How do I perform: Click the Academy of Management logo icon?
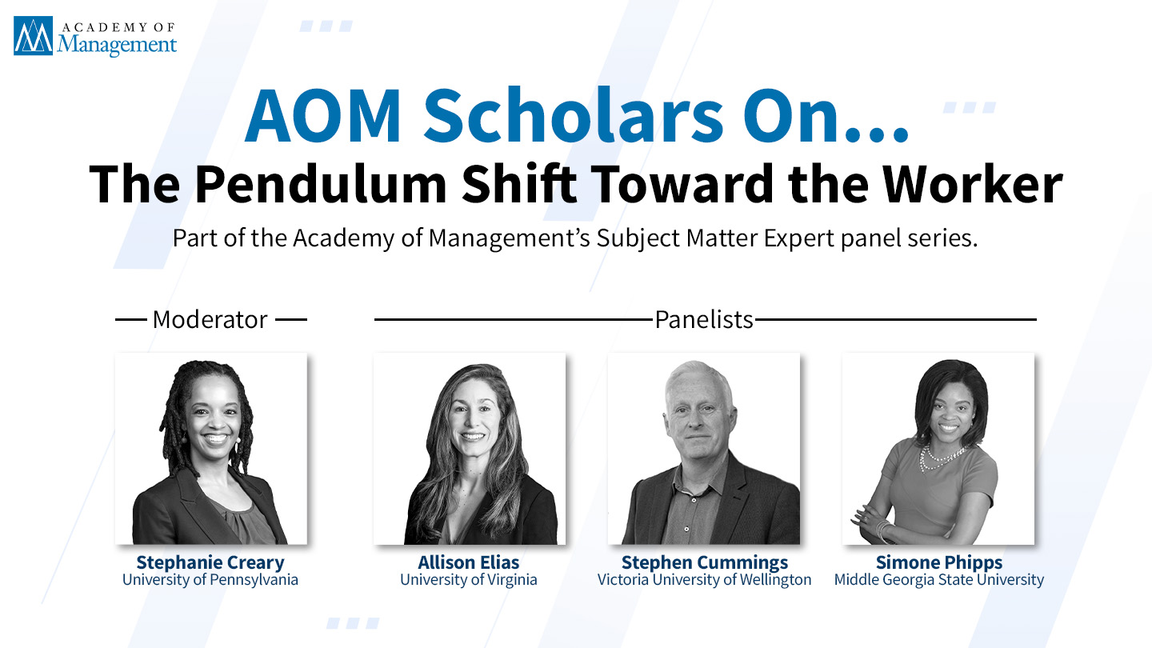(33, 35)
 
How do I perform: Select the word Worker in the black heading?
(973, 184)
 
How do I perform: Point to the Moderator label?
(210, 319)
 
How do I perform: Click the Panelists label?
(704, 319)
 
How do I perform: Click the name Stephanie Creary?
(210, 562)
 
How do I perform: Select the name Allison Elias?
(469, 562)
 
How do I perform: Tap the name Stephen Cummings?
(705, 562)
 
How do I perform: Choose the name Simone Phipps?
(939, 562)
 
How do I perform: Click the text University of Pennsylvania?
(210, 579)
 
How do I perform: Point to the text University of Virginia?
(469, 579)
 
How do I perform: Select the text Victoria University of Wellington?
(705, 579)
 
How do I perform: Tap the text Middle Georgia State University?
(939, 579)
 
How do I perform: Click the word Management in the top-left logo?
(117, 45)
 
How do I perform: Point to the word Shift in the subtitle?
(519, 184)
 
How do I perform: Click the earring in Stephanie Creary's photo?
(238, 440)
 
